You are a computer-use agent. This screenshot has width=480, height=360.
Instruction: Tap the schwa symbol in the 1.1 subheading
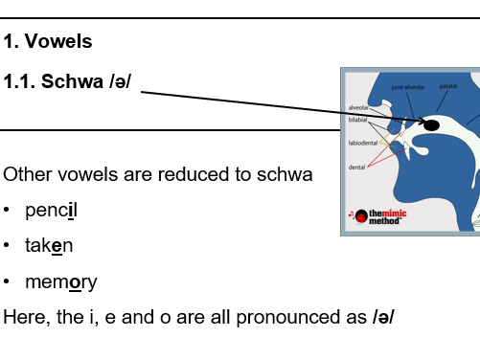point(118,81)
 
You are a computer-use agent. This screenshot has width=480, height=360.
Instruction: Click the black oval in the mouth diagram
point(431,125)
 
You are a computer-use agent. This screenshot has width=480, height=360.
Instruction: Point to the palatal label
point(448,86)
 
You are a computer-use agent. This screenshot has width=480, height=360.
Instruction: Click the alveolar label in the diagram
point(357,107)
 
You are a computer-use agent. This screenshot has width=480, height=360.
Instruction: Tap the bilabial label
point(357,119)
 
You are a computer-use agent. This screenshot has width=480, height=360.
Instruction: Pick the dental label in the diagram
point(355,168)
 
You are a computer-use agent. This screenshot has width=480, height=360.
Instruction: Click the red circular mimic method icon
point(360,215)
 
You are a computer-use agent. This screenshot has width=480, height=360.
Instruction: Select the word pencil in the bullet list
point(51,210)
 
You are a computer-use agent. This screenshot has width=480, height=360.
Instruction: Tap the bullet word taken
point(49,246)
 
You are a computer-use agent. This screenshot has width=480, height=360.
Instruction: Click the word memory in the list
point(60,282)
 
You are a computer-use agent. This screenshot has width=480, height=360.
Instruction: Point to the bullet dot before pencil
point(8,210)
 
